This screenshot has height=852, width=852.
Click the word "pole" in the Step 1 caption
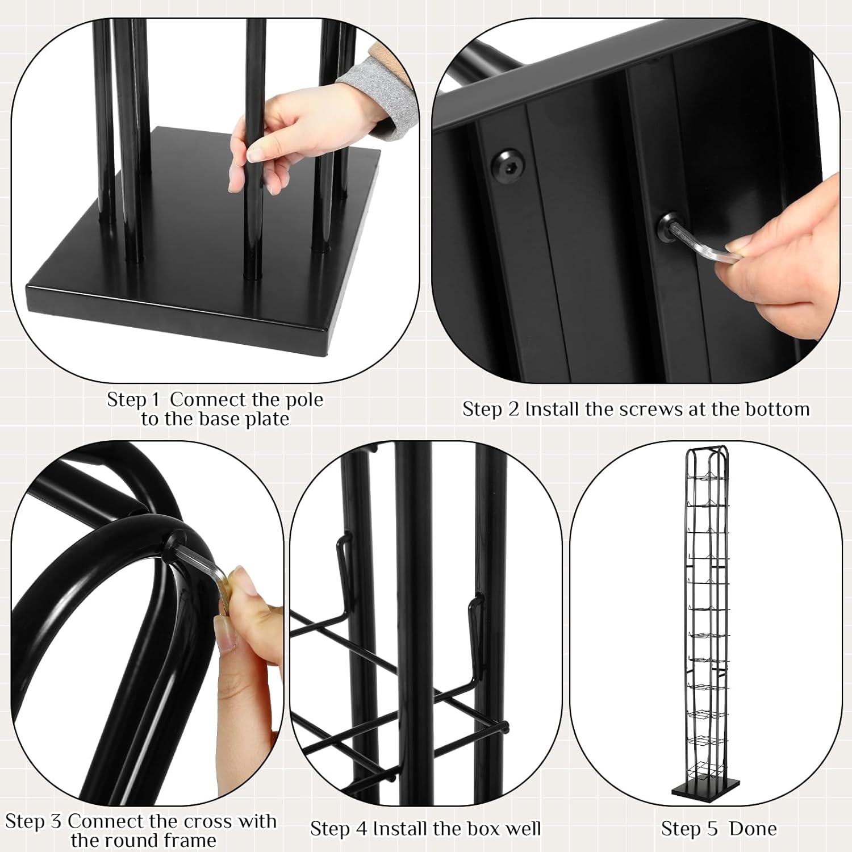304,400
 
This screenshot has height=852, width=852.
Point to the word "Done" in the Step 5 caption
753,829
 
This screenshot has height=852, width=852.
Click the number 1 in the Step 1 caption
156,400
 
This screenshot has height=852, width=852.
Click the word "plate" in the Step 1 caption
267,419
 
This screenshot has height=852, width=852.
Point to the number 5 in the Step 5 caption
713,829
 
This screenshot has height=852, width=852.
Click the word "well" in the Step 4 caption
523,829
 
